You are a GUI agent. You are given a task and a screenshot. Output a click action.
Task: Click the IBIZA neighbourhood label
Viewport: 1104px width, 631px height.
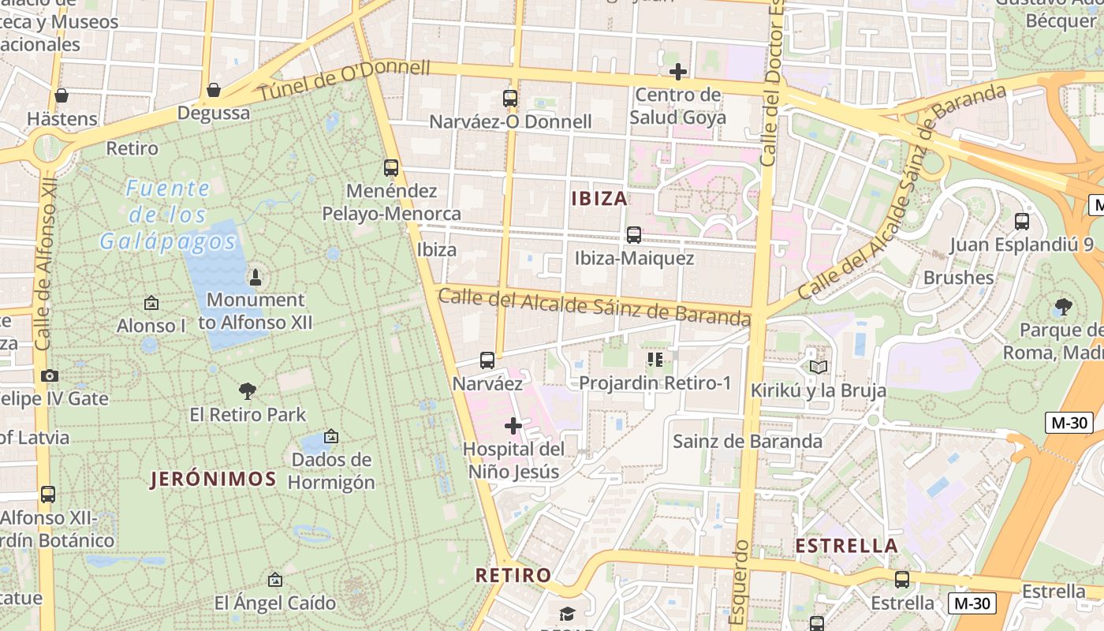pyautogui.click(x=599, y=199)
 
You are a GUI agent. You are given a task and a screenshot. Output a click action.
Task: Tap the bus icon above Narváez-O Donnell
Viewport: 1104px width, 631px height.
pyautogui.click(x=510, y=99)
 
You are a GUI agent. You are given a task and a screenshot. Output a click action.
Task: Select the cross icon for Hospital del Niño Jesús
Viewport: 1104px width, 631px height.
pyautogui.click(x=513, y=427)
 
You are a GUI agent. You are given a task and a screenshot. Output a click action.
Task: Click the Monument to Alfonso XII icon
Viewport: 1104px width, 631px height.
pyautogui.click(x=255, y=277)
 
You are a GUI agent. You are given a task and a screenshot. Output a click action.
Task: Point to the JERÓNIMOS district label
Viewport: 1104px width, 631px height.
pyautogui.click(x=213, y=479)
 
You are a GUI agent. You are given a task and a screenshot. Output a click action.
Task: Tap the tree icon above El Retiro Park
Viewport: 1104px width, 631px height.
pyautogui.click(x=248, y=390)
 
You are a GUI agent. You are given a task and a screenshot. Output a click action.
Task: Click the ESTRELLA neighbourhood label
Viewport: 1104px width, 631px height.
pyautogui.click(x=847, y=546)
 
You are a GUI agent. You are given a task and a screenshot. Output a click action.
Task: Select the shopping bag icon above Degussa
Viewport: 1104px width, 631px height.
pyautogui.click(x=213, y=90)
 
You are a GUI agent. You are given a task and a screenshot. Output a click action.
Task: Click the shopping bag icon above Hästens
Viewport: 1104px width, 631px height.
pyautogui.click(x=62, y=95)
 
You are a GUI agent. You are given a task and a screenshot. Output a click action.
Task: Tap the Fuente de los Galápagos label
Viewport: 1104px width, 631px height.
pyautogui.click(x=168, y=215)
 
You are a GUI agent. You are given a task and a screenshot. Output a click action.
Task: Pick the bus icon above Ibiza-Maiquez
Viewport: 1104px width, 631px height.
pyautogui.click(x=633, y=235)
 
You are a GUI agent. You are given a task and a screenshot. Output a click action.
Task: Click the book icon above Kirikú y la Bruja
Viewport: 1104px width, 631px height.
pyautogui.click(x=818, y=367)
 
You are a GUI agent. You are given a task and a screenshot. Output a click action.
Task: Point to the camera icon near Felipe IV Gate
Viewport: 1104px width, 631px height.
pyautogui.click(x=50, y=375)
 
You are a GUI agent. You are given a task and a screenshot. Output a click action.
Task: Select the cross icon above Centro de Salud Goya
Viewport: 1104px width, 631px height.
pyautogui.click(x=677, y=73)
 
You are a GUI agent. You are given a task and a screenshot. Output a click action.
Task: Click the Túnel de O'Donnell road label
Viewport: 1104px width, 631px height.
pyautogui.click(x=345, y=80)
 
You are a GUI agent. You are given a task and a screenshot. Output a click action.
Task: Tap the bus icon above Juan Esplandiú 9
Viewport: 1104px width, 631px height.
pyautogui.click(x=1022, y=222)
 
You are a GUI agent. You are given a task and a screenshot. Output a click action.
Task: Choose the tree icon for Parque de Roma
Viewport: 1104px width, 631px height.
pyautogui.click(x=1064, y=307)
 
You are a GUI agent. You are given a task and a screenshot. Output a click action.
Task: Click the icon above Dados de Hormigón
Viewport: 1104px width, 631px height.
pyautogui.click(x=331, y=436)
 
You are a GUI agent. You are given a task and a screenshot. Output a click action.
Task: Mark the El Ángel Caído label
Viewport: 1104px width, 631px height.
pyautogui.click(x=275, y=603)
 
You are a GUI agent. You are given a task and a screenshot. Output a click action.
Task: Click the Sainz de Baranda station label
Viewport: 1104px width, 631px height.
pyautogui.click(x=747, y=441)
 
